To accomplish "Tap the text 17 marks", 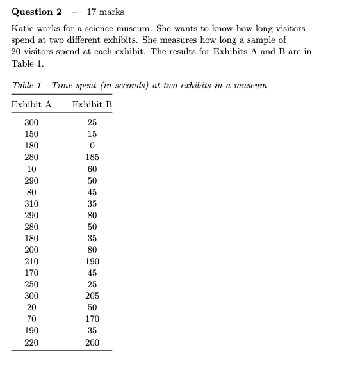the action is tap(105, 12).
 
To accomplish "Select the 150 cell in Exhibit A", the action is tap(31, 134).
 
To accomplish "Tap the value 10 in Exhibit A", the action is tap(31, 169).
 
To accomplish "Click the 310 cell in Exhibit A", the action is tap(31, 203).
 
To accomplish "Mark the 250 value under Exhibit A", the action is tap(31, 284).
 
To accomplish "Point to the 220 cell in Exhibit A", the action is tap(31, 342).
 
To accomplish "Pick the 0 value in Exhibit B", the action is tap(92, 146).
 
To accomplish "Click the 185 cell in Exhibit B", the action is tap(92, 157).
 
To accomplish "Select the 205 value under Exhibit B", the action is tap(92, 296).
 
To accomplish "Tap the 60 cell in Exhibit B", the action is tap(92, 169).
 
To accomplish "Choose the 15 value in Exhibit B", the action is tap(92, 134).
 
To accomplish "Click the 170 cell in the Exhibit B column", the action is tap(92, 319).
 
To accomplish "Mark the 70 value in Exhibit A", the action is tap(31, 319).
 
